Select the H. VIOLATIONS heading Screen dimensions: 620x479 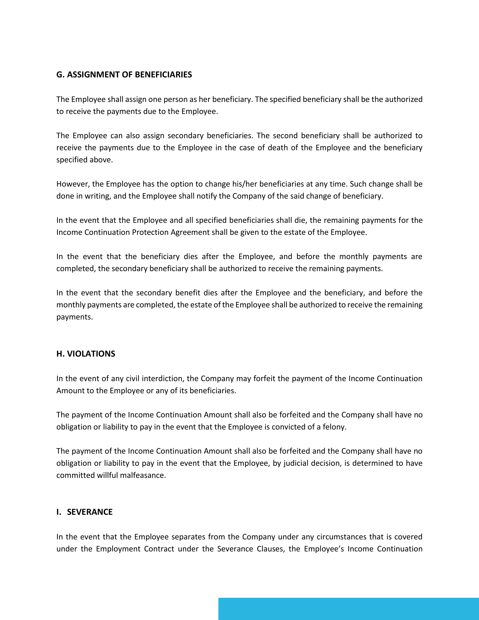[x=86, y=354]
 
